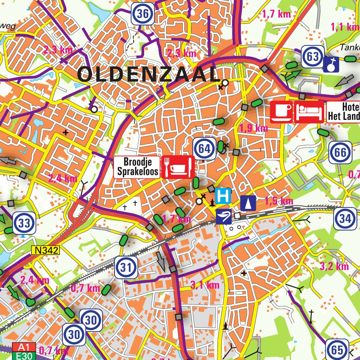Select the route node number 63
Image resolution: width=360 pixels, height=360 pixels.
[312, 56]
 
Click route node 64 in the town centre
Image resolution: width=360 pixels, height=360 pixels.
[204, 149]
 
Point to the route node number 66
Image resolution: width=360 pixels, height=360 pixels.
[340, 153]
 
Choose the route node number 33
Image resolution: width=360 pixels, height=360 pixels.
[24, 223]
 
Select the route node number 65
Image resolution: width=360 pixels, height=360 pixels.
[337, 350]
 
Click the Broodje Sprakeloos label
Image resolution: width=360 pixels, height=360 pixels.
[137, 167]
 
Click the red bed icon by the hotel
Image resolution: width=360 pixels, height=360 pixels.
[309, 112]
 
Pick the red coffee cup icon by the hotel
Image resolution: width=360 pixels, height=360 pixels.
[281, 112]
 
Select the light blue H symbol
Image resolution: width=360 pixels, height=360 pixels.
[224, 196]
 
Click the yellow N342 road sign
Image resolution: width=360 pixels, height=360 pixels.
[46, 250]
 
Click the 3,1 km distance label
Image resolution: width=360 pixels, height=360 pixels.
[205, 285]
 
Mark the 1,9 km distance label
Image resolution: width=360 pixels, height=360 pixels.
[253, 128]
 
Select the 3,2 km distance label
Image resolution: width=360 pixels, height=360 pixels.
[334, 266]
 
